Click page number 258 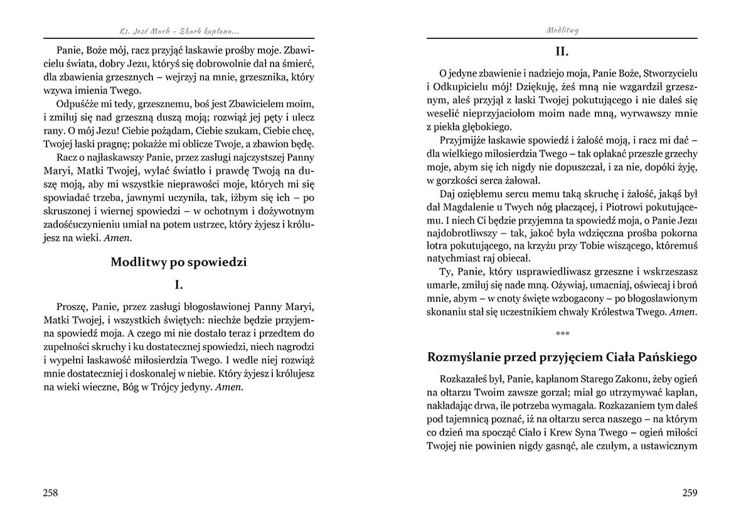50,493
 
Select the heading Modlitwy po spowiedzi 179,262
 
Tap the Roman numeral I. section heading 179,285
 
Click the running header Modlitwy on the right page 562,29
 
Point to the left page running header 178,29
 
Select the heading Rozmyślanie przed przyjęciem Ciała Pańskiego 562,357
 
